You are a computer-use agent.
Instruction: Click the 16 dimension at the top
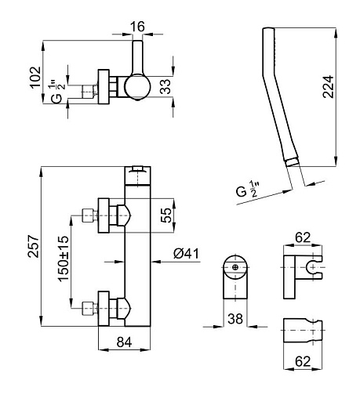click(x=137, y=27)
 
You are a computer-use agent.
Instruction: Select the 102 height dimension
click(x=35, y=78)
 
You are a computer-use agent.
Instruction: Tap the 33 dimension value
click(x=165, y=86)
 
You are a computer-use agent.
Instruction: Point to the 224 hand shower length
click(x=328, y=87)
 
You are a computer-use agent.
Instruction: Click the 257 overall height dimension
click(x=34, y=246)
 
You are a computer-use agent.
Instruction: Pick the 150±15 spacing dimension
click(x=64, y=259)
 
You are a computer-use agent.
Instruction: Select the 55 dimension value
click(x=166, y=215)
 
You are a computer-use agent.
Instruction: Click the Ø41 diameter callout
click(x=186, y=253)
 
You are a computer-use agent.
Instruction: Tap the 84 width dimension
click(x=124, y=342)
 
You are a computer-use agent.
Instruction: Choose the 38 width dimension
click(x=235, y=319)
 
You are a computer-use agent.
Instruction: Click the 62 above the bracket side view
click(x=303, y=237)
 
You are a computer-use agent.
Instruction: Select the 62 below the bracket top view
click(x=303, y=361)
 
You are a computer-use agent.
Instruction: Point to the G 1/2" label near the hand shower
click(x=247, y=190)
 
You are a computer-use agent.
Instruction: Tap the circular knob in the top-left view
click(x=137, y=87)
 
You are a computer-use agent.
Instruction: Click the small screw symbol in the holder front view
click(x=235, y=267)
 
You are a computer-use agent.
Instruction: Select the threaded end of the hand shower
click(x=292, y=162)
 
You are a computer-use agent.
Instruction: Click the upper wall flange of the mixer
click(x=104, y=215)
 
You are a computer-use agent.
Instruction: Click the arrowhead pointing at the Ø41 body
click(x=156, y=261)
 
